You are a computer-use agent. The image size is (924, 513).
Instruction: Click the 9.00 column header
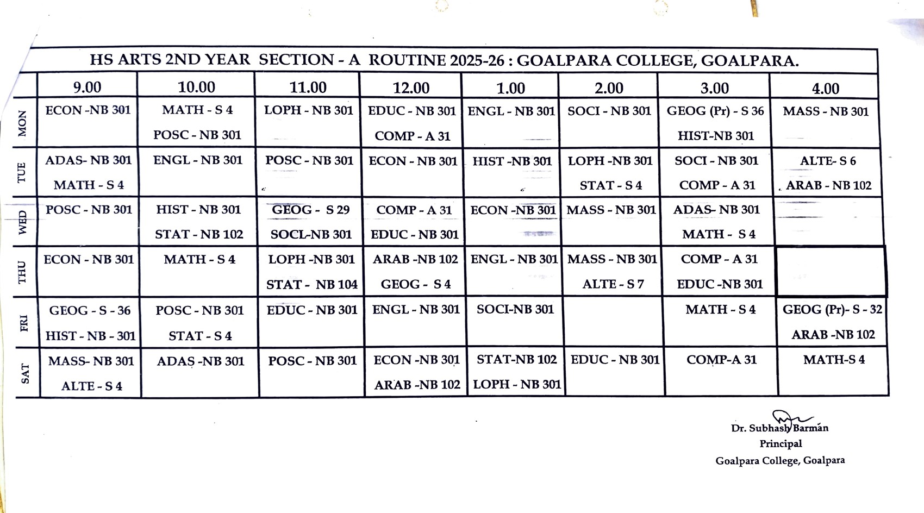click(87, 87)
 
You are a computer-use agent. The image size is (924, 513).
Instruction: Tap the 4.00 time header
click(825, 88)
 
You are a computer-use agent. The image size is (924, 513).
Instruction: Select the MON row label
click(22, 123)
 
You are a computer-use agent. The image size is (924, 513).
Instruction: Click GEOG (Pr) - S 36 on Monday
click(715, 111)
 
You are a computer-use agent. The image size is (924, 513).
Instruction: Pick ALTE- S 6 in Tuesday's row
click(827, 161)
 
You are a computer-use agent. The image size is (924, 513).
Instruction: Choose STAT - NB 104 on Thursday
click(311, 284)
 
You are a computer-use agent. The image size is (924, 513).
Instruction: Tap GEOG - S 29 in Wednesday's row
click(310, 210)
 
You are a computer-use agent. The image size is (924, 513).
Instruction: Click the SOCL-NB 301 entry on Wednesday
click(311, 235)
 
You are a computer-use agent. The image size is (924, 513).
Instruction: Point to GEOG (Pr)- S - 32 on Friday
click(832, 310)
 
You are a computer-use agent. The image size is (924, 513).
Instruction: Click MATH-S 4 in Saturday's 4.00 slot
click(834, 360)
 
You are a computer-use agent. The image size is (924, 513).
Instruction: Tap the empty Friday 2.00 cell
click(614, 322)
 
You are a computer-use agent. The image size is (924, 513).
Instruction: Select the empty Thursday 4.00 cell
click(831, 271)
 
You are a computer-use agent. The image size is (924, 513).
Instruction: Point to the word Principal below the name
click(781, 443)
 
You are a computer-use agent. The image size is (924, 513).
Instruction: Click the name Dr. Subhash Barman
click(779, 428)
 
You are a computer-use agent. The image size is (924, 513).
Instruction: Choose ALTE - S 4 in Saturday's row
click(91, 386)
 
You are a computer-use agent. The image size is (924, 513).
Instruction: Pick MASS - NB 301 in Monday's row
click(825, 111)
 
